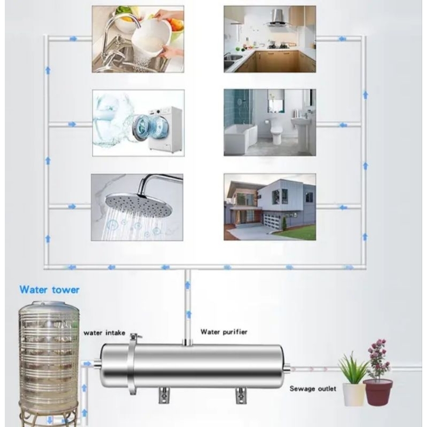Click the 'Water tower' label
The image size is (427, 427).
49,290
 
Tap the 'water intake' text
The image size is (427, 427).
104,333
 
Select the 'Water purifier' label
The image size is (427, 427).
224,332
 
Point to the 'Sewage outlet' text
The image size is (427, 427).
313,389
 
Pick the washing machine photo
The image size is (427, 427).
138,122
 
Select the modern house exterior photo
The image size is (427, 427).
270,206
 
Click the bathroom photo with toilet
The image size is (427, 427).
270,122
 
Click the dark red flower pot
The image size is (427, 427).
377,392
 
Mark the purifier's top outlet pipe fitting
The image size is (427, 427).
187,341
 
